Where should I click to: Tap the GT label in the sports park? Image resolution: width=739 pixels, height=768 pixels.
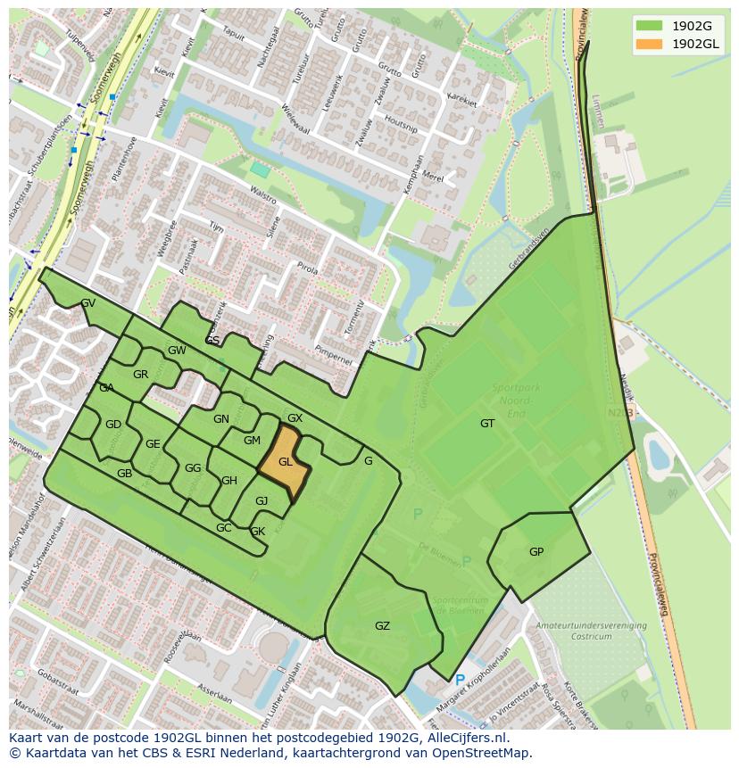[x=487, y=424]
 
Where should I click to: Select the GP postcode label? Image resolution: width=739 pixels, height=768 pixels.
[x=536, y=552]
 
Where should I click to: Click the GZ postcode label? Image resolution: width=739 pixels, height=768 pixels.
[x=382, y=626]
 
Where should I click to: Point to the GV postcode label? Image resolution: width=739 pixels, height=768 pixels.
[x=87, y=303]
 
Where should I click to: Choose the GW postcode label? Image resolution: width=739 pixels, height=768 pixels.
[x=177, y=351]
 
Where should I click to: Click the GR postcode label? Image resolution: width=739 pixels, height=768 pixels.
[x=140, y=375]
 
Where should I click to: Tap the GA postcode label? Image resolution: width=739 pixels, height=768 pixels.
[x=106, y=388]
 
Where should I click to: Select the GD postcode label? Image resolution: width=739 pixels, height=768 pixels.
[x=112, y=425]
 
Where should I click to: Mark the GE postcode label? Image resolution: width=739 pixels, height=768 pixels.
[x=153, y=444]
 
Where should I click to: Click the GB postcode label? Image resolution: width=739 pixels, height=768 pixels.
[x=124, y=474]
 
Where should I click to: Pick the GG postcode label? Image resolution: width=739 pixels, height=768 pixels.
[x=193, y=468]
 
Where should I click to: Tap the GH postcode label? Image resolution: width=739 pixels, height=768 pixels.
[x=229, y=481]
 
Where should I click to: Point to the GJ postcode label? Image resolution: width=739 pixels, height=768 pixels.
[x=262, y=501]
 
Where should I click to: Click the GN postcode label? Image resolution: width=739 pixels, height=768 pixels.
[x=221, y=419]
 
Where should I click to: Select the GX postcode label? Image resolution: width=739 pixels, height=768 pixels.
[x=295, y=418]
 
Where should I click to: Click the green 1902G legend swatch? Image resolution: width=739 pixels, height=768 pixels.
[x=650, y=26]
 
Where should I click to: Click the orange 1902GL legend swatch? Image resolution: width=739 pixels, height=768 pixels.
[x=650, y=44]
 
